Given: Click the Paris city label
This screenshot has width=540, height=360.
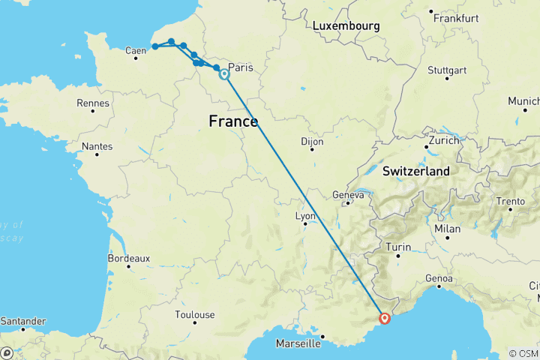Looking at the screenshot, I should (x=242, y=67).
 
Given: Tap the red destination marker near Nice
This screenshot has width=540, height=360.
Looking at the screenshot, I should (x=385, y=318).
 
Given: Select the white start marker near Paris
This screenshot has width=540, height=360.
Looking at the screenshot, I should (x=224, y=74).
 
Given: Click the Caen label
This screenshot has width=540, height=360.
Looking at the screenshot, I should (x=136, y=51).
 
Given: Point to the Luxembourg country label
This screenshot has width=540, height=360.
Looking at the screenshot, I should (x=346, y=26).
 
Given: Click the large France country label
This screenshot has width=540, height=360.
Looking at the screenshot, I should (x=233, y=121).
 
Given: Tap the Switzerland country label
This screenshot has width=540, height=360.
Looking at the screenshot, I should (x=416, y=172).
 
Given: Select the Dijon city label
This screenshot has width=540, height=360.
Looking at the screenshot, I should (x=312, y=141).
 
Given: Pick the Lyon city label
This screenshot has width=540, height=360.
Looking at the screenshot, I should (x=305, y=216).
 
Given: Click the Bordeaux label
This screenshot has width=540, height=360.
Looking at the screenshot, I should (x=129, y=258).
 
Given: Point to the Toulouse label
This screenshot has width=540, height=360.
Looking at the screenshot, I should (x=195, y=315).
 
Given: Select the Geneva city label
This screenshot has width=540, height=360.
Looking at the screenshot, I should (x=348, y=196).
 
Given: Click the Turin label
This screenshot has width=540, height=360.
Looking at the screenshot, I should (x=399, y=247).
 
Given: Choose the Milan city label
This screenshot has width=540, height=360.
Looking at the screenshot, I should (x=447, y=229).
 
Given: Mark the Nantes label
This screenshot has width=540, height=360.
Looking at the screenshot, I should (x=98, y=147).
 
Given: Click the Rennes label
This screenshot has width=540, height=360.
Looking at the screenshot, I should (x=94, y=103).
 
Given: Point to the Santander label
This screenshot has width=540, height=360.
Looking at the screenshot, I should (x=24, y=320).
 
